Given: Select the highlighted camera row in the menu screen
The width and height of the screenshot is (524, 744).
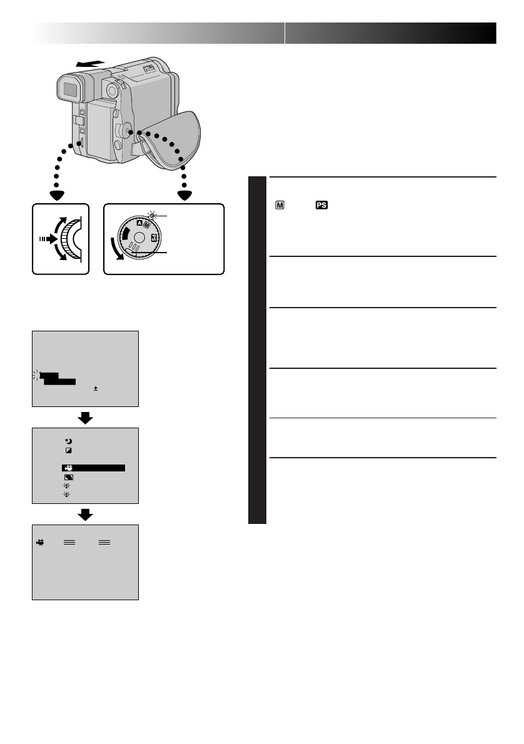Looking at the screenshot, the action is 94,468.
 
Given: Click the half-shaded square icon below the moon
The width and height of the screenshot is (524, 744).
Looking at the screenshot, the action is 68,451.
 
